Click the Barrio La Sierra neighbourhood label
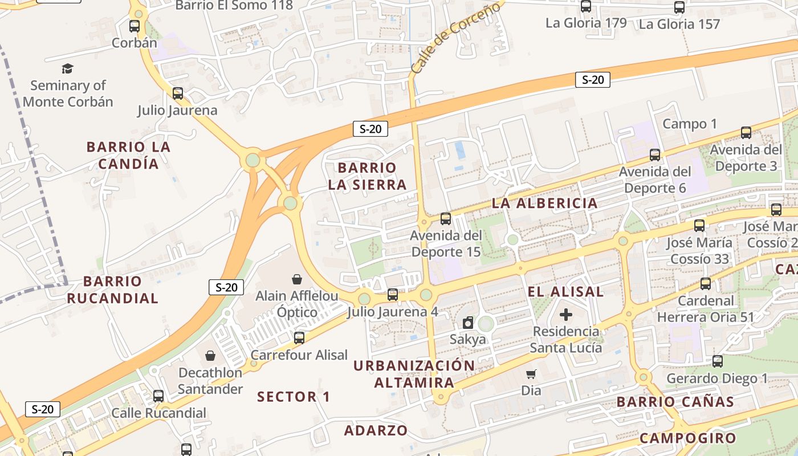point(367,176)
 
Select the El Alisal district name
point(565,292)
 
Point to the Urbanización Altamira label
point(414,374)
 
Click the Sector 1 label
point(294,397)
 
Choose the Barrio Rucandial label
point(112,290)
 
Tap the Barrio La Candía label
point(128,155)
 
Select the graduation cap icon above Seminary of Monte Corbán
point(68,69)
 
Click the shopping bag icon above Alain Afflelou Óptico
point(296,279)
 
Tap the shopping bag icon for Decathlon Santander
point(210,356)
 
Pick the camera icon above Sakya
point(468,323)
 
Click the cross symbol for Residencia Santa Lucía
point(566,315)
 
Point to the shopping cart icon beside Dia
point(531,374)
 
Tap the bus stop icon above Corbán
point(135,26)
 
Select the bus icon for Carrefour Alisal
point(299,338)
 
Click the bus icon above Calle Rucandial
point(158,396)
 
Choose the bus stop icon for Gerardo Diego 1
point(718,361)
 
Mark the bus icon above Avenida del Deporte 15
point(446,218)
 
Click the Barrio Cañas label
point(675,402)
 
